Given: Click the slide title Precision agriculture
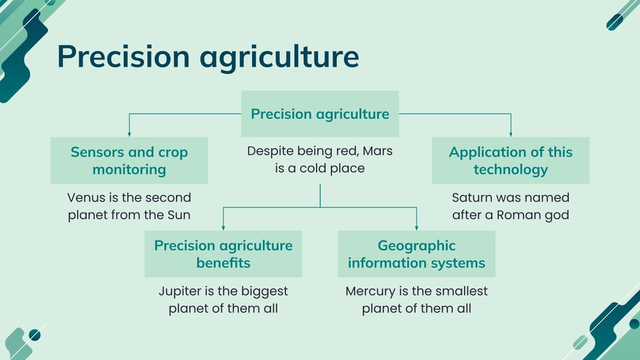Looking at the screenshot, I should click(208, 57).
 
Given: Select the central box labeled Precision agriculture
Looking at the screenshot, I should click(320, 114).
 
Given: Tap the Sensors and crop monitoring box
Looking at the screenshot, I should click(129, 160).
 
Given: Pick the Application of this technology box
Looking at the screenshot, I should click(510, 160).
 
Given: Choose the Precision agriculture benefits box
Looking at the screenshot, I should click(223, 254).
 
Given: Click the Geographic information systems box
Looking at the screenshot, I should click(416, 254).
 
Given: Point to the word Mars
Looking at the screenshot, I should click(378, 151).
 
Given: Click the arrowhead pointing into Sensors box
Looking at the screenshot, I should click(129, 134).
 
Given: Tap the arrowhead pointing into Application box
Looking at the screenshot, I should click(511, 134).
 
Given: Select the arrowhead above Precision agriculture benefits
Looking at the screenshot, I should click(223, 228).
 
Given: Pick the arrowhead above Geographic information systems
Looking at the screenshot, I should click(416, 228).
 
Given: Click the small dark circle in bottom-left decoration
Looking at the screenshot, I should click(35, 335).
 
